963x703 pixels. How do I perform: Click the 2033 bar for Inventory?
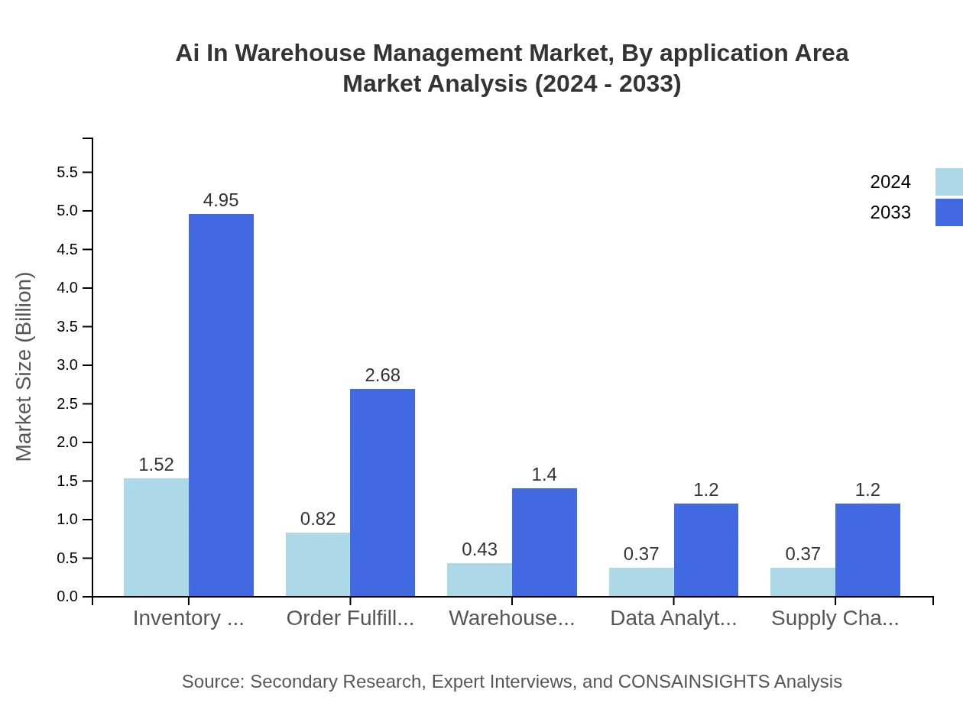click(221, 405)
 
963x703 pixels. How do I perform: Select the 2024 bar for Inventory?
click(156, 537)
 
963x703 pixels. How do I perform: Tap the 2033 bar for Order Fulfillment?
click(382, 493)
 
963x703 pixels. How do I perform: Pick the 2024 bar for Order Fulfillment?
click(318, 565)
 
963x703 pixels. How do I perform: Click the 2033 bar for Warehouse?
click(544, 543)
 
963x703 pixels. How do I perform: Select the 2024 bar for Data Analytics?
click(641, 582)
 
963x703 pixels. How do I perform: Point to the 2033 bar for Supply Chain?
click(867, 550)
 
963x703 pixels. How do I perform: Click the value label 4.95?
click(221, 200)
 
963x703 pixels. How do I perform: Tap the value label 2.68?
click(382, 375)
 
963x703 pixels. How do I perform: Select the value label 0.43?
click(480, 549)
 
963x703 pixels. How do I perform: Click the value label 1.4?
click(544, 475)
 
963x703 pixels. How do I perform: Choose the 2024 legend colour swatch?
click(948, 182)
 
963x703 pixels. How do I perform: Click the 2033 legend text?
click(890, 212)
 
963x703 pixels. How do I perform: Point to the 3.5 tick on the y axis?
click(67, 326)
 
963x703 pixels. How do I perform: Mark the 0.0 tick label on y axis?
click(67, 597)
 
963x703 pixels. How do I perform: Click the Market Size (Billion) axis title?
click(24, 367)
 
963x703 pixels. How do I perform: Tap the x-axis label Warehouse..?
click(511, 618)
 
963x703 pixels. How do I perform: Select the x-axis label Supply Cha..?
click(835, 618)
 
